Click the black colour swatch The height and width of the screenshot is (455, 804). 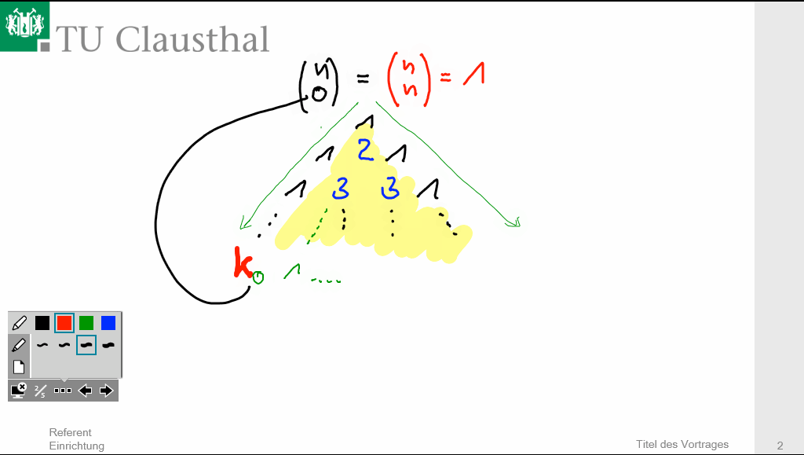click(42, 322)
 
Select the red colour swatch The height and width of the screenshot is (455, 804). click(64, 322)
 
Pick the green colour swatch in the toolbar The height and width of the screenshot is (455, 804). click(86, 322)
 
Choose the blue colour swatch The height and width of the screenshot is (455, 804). click(108, 322)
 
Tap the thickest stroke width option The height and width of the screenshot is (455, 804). click(108, 345)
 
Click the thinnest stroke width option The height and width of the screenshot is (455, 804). click(42, 345)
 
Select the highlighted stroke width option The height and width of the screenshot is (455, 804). click(86, 345)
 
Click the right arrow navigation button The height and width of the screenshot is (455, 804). click(107, 391)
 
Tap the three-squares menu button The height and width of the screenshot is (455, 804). click(63, 391)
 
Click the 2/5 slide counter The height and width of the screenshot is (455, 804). click(40, 391)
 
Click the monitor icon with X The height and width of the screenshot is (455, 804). click(19, 390)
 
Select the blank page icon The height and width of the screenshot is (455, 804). click(19, 367)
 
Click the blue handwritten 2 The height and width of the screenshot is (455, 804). click(365, 149)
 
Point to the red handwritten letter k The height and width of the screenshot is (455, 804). click(243, 263)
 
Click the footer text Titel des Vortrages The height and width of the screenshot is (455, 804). click(682, 445)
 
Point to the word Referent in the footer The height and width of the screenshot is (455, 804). click(70, 432)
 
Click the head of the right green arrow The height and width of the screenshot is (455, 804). click(513, 222)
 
